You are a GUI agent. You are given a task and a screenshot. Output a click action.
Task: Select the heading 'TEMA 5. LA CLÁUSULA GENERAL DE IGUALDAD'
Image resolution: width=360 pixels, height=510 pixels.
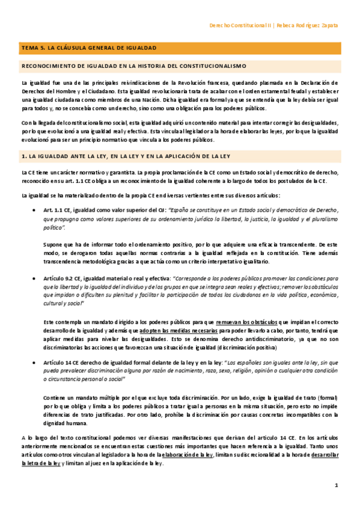click(89, 47)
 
